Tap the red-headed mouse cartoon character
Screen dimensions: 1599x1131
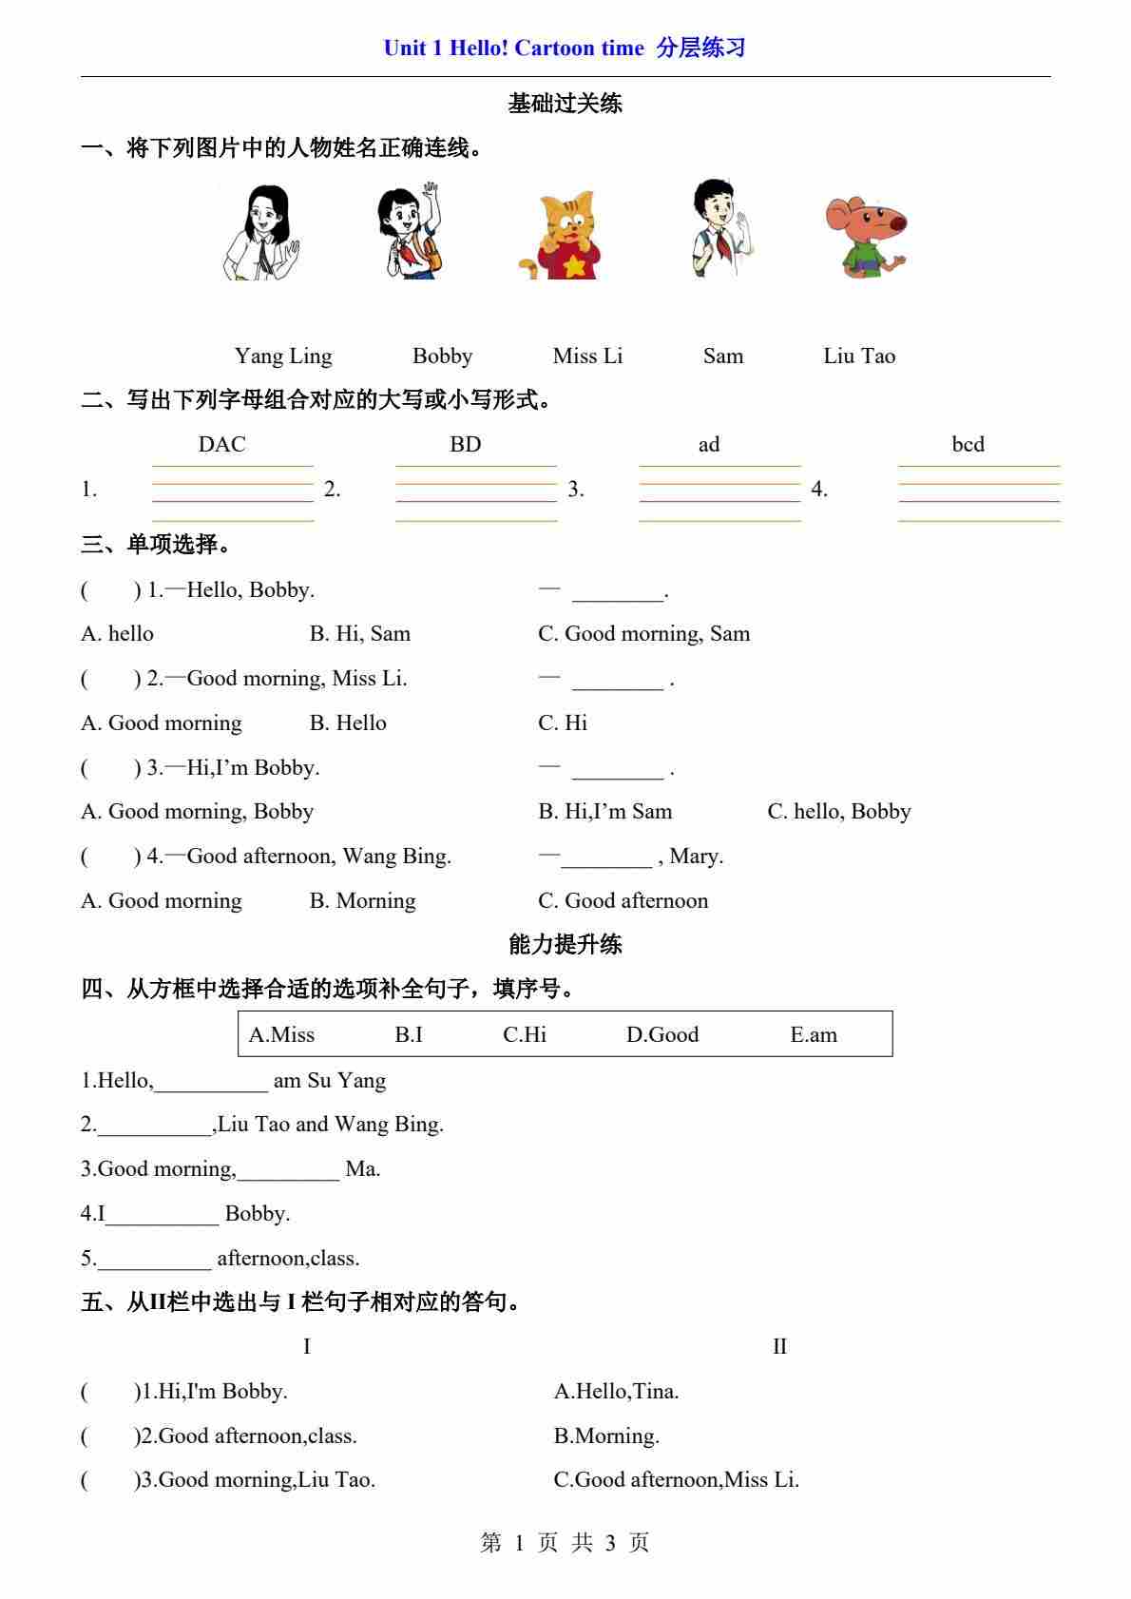click(x=863, y=237)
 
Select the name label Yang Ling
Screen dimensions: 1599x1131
click(x=283, y=356)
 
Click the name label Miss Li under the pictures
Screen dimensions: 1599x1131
click(x=587, y=356)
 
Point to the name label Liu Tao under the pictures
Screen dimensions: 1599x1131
click(x=859, y=356)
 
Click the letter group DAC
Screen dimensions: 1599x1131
click(x=221, y=445)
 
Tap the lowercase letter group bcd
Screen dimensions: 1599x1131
click(x=968, y=445)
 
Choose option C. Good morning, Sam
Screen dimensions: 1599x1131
click(x=643, y=634)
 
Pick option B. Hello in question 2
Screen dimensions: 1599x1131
click(x=348, y=723)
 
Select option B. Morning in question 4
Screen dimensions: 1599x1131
click(x=362, y=901)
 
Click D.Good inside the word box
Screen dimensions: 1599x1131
click(x=661, y=1035)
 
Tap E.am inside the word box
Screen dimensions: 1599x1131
click(x=814, y=1035)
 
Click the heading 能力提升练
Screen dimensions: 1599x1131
click(x=565, y=944)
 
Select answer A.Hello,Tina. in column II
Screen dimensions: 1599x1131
click(x=616, y=1392)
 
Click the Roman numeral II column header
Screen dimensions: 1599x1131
click(x=779, y=1347)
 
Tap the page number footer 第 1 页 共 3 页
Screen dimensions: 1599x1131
click(x=565, y=1543)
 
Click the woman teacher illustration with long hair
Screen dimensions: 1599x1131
click(x=262, y=233)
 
